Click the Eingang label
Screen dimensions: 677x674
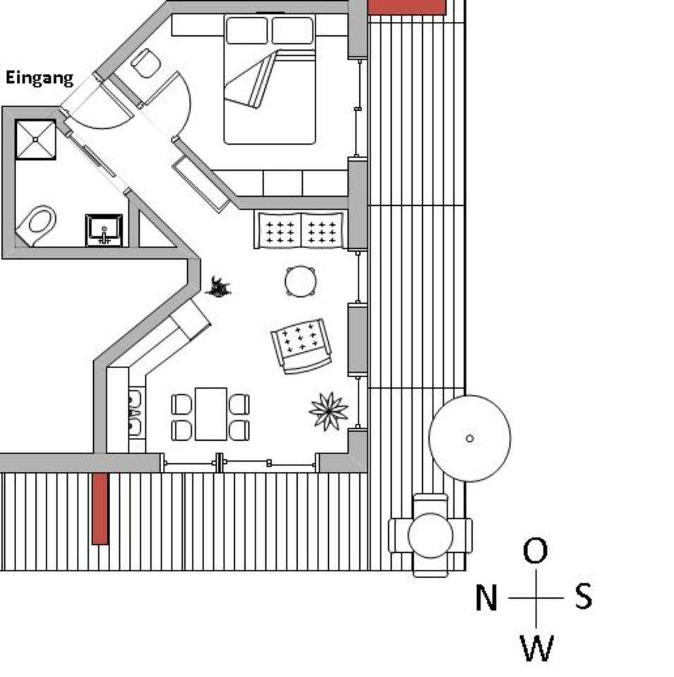[40, 78]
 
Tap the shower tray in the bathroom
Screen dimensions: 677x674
[35, 140]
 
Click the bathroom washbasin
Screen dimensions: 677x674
[104, 230]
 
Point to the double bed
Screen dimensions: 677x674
[270, 79]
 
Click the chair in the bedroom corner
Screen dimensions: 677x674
[146, 63]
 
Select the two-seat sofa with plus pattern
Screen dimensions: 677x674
[301, 231]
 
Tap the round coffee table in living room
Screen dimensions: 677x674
[301, 281]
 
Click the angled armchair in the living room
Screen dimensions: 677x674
[302, 344]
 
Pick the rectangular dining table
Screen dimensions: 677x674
[211, 414]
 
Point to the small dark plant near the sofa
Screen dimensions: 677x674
[219, 287]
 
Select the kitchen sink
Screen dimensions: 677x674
[134, 413]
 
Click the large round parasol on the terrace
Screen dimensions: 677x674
[470, 438]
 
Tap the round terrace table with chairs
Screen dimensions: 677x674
[431, 535]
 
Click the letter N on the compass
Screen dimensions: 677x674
[486, 599]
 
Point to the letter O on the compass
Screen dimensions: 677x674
[536, 551]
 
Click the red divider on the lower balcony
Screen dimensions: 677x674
[100, 508]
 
